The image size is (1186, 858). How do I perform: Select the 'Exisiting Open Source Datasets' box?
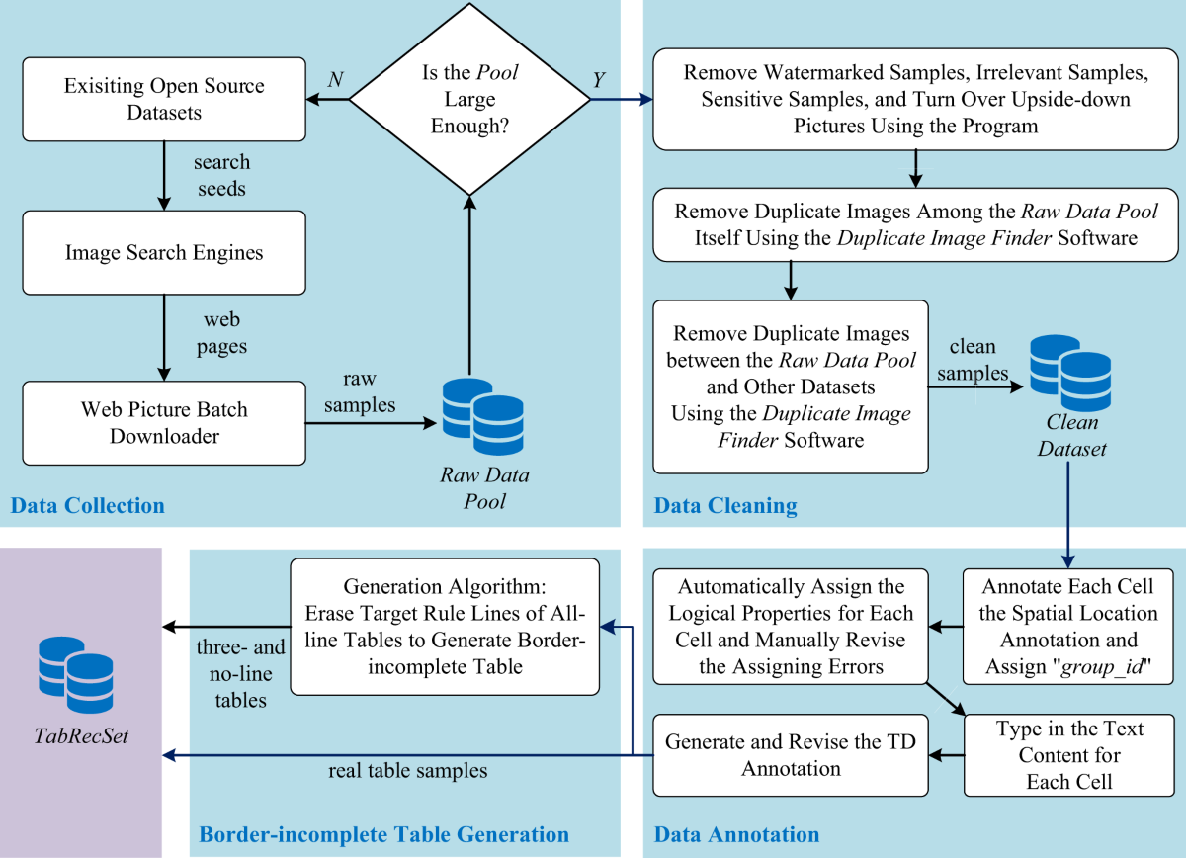164,99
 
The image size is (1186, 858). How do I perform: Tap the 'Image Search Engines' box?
164,253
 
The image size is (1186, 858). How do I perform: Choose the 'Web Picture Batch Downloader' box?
164,422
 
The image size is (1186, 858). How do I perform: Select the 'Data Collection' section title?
87,506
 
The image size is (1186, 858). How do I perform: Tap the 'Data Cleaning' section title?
725,506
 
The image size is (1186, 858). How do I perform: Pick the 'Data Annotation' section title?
736,835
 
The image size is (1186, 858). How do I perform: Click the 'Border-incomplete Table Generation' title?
384,835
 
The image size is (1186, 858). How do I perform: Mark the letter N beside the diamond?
335,80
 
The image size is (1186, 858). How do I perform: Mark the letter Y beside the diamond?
598,80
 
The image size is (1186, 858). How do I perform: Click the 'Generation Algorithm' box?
445,627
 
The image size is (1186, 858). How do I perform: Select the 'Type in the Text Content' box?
1068,754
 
